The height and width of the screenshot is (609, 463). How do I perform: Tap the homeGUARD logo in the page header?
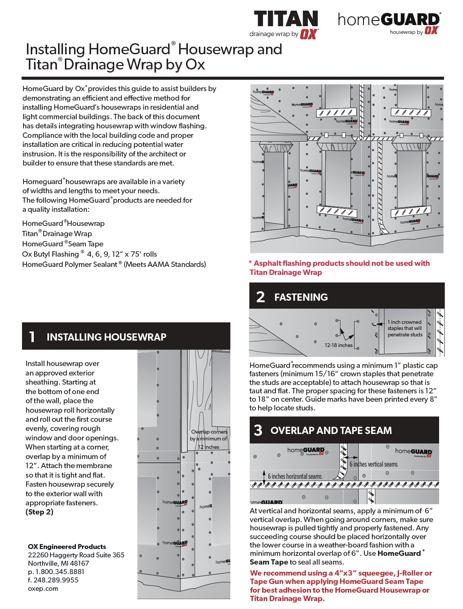tap(389, 20)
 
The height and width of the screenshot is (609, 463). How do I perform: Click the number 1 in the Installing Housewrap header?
tap(32, 337)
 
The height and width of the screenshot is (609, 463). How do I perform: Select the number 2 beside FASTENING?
tap(260, 297)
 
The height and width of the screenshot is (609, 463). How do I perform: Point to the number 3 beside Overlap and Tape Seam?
tap(258, 430)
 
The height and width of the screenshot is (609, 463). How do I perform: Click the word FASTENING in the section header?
tap(301, 297)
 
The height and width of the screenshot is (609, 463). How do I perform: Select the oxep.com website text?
tap(43, 589)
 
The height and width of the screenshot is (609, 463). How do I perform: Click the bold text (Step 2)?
tap(39, 512)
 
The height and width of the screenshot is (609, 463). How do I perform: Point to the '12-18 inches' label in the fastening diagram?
tap(339, 345)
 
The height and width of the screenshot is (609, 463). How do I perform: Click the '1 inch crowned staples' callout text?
tap(405, 328)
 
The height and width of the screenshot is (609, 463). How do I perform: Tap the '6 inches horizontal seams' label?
tap(294, 476)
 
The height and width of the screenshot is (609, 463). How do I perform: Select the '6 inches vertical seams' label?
tap(373, 464)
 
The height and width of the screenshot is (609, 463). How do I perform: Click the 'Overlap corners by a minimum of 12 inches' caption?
tap(209, 439)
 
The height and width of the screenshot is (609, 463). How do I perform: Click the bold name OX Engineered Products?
tap(67, 547)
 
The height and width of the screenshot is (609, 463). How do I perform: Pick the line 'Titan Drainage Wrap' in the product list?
tap(57, 234)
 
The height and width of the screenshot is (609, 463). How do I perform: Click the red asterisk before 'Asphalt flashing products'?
tap(250, 263)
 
